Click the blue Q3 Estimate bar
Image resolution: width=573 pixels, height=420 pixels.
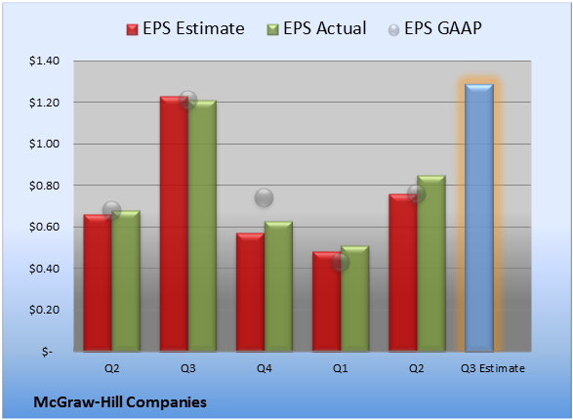click(479, 218)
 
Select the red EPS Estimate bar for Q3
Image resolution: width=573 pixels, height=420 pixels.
click(174, 224)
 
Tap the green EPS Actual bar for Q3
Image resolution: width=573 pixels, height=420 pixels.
click(202, 226)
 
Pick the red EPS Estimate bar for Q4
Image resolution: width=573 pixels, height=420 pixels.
click(250, 292)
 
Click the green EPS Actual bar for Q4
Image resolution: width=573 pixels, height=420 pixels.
click(278, 286)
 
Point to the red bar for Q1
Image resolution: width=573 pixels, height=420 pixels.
click(326, 302)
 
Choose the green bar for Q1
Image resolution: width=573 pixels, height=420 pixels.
click(354, 299)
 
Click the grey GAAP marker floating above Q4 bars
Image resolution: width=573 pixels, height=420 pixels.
click(264, 197)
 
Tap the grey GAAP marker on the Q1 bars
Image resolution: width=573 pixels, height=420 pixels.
click(341, 262)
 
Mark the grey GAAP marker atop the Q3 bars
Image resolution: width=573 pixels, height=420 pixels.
click(187, 100)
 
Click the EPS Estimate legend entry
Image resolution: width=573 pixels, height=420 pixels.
click(185, 28)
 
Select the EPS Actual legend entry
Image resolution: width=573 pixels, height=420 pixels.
click(316, 28)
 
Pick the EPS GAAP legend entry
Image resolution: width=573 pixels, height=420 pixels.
click(434, 28)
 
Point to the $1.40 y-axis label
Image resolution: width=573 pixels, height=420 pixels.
click(44, 61)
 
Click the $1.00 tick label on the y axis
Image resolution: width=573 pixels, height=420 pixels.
click(44, 144)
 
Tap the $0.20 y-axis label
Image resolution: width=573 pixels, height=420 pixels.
click(44, 310)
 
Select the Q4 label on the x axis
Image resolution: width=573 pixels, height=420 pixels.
click(265, 368)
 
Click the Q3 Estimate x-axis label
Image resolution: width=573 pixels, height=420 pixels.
click(493, 368)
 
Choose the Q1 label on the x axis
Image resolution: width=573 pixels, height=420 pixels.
click(341, 368)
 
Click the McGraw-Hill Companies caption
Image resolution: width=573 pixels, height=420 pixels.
click(120, 402)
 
